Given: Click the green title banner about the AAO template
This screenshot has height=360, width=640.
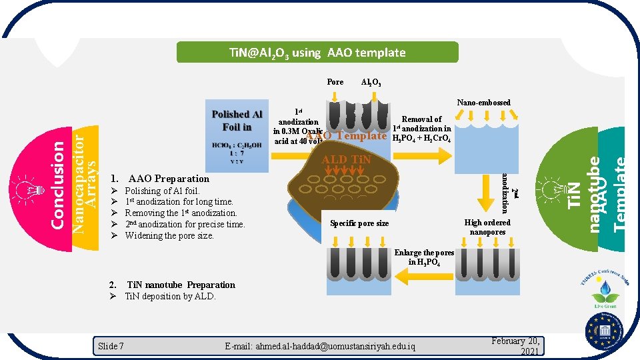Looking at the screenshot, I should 317,53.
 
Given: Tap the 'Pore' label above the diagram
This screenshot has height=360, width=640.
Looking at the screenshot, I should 335,82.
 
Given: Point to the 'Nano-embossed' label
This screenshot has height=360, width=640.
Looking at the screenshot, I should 483,103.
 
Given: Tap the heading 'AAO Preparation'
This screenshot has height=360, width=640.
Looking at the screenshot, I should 169,179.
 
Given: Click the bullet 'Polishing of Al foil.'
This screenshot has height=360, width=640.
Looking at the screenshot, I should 162,191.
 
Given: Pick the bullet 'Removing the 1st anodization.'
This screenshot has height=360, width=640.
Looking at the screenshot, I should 181,213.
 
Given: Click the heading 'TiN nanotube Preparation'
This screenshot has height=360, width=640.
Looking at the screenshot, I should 181,285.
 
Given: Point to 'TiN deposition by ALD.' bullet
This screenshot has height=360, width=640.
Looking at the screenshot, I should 170,296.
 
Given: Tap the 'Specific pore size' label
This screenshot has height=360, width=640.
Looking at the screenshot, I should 359,223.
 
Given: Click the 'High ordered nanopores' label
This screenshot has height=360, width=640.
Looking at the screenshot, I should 487,227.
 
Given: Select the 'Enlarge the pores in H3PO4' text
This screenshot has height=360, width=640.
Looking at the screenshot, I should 424,257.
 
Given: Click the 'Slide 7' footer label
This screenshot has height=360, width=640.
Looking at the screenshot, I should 111,346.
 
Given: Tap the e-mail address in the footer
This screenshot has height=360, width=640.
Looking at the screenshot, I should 320,347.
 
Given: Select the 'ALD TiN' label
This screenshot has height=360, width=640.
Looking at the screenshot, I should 346,159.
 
